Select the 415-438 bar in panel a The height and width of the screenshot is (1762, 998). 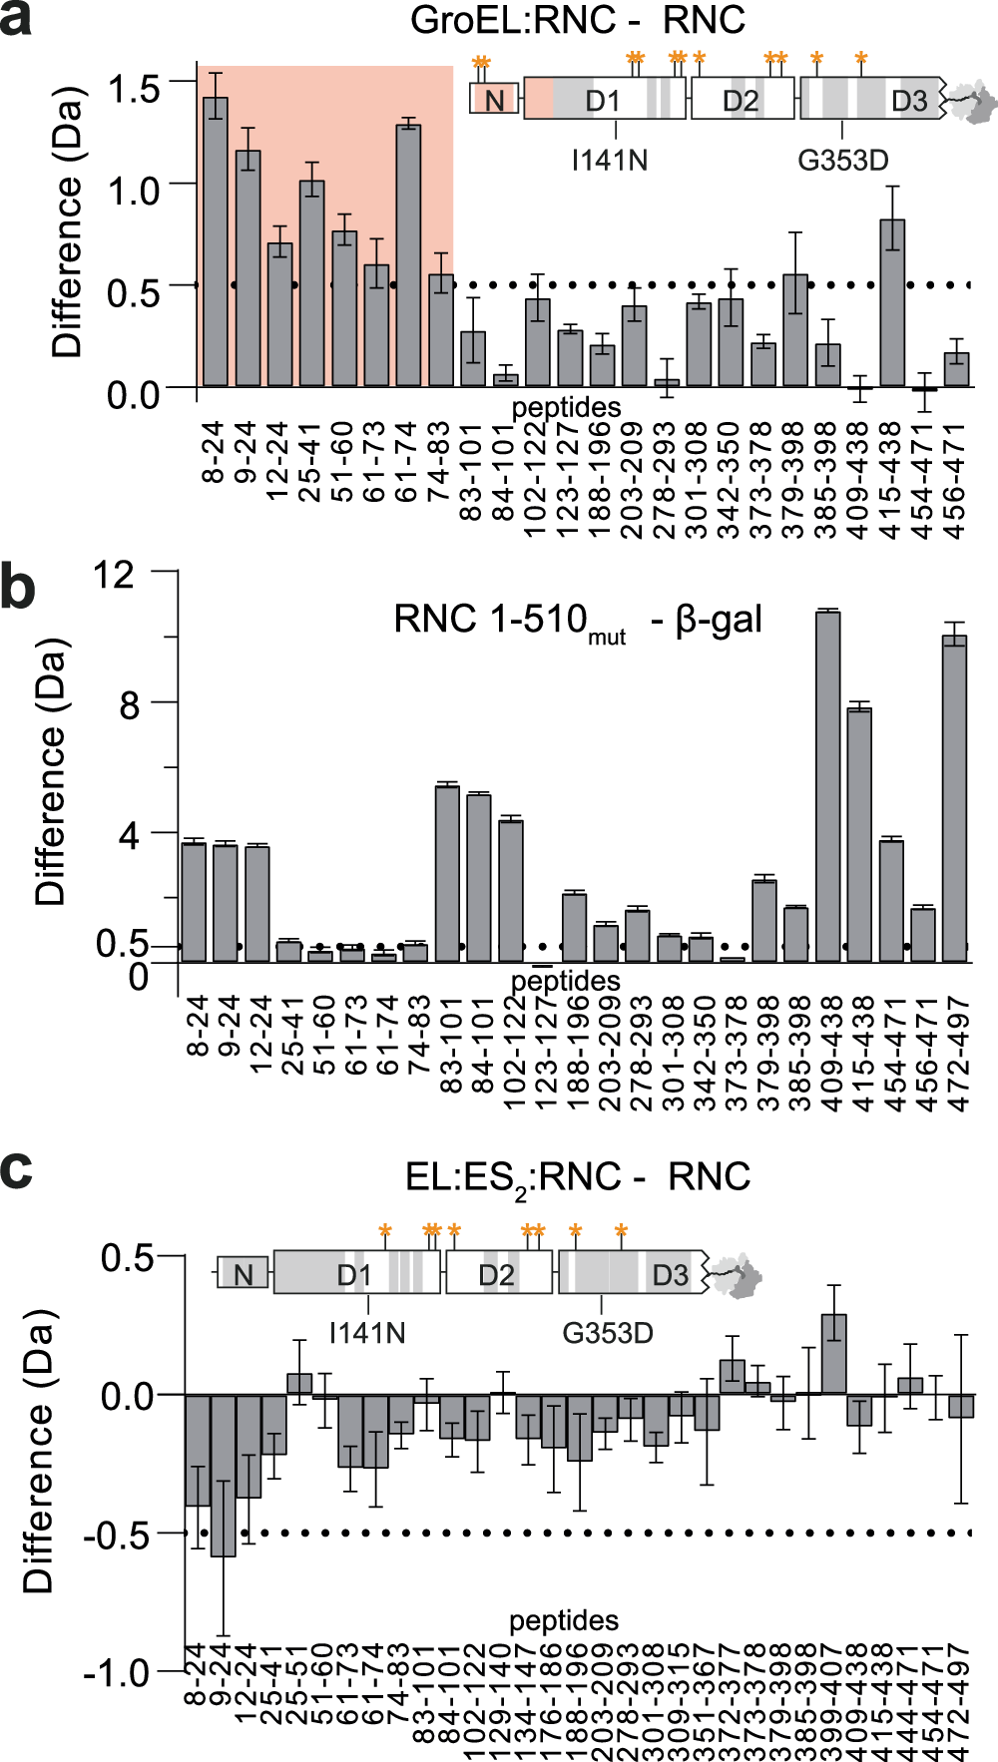pos(892,303)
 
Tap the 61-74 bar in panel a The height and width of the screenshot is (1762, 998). pos(408,255)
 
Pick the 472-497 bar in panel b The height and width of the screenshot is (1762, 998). pos(955,798)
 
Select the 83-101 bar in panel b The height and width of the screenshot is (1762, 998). pos(448,874)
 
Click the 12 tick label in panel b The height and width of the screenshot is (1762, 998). pos(113,575)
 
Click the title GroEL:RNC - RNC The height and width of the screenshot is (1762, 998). pos(578,21)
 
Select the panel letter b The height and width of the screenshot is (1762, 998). pos(18,589)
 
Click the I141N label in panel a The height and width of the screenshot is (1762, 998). pos(610,160)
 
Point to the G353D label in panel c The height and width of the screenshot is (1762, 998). pos(608,1333)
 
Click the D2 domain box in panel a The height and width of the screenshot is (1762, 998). pos(742,100)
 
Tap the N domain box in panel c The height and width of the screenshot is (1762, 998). pos(243,1273)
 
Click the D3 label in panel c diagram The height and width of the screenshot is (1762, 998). pos(671,1275)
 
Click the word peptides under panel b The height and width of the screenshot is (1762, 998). pos(566,981)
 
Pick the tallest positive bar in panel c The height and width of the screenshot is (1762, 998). pos(834,1354)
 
